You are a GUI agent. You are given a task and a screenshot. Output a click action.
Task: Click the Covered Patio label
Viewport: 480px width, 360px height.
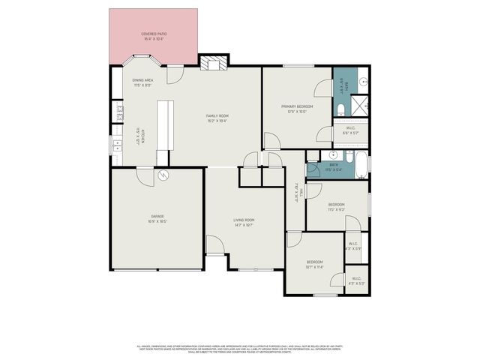click(154, 36)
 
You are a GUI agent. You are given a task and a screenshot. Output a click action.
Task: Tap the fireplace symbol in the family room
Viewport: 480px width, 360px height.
click(213, 63)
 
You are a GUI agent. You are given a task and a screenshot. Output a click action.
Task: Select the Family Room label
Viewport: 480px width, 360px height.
click(217, 117)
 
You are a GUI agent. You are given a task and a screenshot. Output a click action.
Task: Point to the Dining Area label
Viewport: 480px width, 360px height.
click(143, 82)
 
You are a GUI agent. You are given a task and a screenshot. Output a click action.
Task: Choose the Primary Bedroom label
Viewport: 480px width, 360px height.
click(297, 109)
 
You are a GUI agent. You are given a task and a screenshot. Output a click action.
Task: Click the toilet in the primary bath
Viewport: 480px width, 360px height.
click(341, 111)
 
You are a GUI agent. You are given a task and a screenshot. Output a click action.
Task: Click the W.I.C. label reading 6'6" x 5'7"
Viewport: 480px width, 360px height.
click(350, 130)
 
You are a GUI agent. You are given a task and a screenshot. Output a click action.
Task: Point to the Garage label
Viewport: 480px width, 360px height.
click(157, 219)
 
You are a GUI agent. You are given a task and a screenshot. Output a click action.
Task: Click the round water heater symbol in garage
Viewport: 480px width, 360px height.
click(164, 176)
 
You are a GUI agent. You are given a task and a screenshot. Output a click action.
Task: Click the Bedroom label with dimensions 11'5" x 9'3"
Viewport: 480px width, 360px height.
click(336, 206)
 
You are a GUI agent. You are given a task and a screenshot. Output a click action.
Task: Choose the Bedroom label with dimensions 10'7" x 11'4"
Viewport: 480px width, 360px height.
click(313, 264)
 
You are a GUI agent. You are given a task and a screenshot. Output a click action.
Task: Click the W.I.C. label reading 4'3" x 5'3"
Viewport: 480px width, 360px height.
click(356, 281)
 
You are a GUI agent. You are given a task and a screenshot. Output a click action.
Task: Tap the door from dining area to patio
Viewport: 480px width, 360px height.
click(174, 75)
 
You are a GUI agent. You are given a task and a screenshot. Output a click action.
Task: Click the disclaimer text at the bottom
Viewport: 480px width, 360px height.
click(240, 349)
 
